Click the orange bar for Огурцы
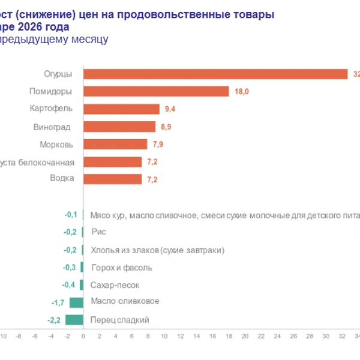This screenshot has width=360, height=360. coord(215,74)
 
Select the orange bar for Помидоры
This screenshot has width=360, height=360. coord(156,91)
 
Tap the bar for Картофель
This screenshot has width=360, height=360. coord(121,109)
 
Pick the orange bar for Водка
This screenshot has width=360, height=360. coord(112,179)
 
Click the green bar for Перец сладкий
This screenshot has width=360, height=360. coord(74,320)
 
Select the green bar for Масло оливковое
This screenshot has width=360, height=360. coord(76,302)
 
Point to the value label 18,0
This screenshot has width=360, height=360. coord(241,92)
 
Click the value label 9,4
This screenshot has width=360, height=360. coord(171,109)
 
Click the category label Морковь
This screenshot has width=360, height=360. coord(56,144)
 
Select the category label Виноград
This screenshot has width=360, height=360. coord(53,127)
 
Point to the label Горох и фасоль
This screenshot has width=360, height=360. coord(121,267)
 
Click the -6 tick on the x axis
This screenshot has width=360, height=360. coord(34,337)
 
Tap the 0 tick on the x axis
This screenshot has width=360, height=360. coord(83,337)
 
